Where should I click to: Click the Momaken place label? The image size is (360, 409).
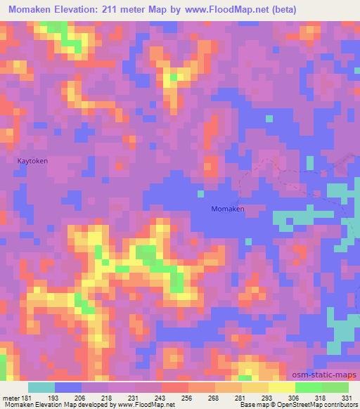228,209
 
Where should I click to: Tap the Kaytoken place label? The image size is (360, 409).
33,160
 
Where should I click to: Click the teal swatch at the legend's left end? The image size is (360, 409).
41,387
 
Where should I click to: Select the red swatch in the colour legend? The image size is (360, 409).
175,387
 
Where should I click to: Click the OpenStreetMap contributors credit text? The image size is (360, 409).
316,405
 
